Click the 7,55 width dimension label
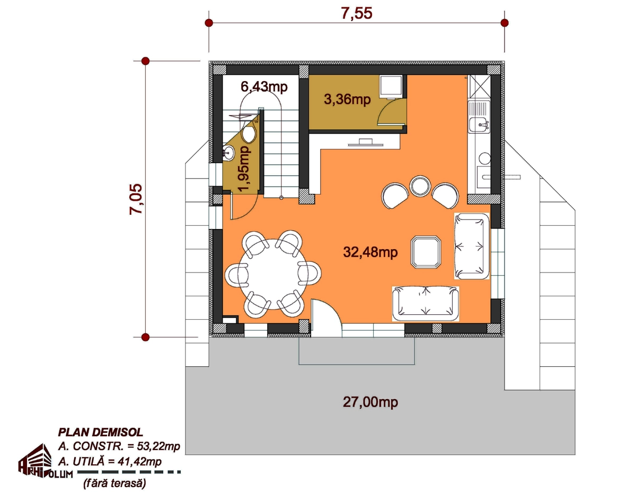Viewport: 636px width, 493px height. coord(357,13)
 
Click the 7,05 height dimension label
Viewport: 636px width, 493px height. coord(136,199)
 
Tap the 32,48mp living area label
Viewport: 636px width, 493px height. coord(370,252)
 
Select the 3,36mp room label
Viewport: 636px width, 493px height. coord(347,100)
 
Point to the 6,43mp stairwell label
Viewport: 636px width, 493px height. coord(264,86)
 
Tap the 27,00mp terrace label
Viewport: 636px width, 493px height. coord(370,402)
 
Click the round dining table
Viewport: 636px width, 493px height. coord(272,274)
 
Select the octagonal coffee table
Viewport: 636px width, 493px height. coord(426,252)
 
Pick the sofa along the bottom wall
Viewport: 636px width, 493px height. coord(425,304)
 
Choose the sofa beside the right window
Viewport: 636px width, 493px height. coord(472,246)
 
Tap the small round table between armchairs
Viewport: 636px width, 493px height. coord(420,186)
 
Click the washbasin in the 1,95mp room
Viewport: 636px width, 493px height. coord(228,153)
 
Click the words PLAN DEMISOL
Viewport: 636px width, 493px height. coord(101,432)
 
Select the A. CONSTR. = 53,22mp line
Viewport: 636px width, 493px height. coord(119,447)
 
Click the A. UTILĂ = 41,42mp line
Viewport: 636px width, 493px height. coord(110,462)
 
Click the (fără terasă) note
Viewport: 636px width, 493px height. coord(114,483)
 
